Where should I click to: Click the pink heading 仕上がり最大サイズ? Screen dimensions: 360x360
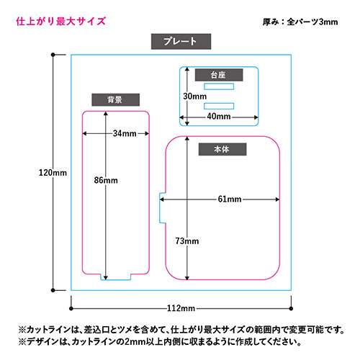(61, 21)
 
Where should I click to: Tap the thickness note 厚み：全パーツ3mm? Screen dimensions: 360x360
(300, 22)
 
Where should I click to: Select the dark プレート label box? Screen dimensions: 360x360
(181, 42)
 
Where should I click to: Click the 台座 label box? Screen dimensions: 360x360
(219, 75)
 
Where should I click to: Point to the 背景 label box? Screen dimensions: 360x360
(115, 99)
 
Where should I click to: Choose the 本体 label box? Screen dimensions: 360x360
(222, 149)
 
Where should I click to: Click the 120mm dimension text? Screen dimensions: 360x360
(53, 173)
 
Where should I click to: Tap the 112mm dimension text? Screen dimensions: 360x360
(181, 308)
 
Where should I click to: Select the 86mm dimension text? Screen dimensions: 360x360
(106, 180)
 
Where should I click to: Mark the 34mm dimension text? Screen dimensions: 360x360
(125, 133)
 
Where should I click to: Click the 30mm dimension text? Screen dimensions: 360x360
(194, 96)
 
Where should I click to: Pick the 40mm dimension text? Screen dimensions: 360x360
(219, 117)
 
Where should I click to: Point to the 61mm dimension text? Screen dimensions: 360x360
(230, 199)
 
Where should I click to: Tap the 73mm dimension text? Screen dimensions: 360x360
(187, 241)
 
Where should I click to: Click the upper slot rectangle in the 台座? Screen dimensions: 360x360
(219, 86)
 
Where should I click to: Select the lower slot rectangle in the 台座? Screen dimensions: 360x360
(219, 106)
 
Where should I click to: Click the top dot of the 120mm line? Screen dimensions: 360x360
(53, 55)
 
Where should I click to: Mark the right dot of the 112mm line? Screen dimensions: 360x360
(291, 308)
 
